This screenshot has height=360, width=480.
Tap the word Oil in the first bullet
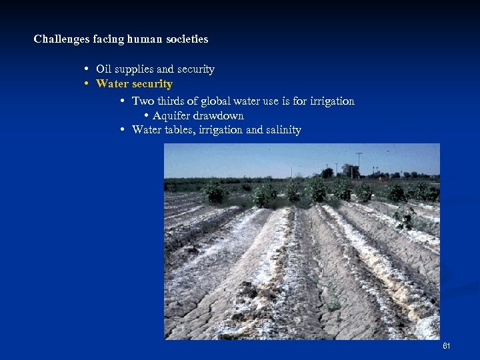click(103, 69)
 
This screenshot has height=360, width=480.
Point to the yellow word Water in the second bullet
click(112, 84)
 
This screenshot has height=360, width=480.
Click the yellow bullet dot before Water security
click(87, 84)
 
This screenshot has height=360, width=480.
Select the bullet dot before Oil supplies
click(87, 69)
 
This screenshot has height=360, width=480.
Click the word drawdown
click(219, 116)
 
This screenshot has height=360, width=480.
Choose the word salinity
click(283, 130)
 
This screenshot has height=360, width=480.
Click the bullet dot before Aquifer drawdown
click(146, 116)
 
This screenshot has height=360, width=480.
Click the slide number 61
click(446, 346)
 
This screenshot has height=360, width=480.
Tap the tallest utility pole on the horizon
click(359, 163)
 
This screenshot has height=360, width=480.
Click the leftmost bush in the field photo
click(215, 192)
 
